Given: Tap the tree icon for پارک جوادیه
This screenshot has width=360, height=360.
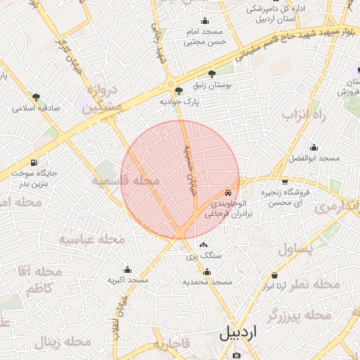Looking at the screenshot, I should pos(179,90).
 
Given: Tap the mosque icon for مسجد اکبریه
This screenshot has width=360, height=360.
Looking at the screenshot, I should pos(127,269).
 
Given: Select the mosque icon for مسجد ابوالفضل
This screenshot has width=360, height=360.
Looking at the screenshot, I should pos(314,148).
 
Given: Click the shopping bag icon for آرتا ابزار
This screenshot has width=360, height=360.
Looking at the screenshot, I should pos(274,275).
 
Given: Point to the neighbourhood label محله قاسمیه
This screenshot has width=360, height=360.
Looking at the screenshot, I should pos(125,181).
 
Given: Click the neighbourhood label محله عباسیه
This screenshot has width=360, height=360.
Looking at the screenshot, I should pos(91,239).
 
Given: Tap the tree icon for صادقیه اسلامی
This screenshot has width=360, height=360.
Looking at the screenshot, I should pos(36,97).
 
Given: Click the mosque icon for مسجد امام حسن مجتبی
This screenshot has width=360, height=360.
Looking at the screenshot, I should pos(204,21).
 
